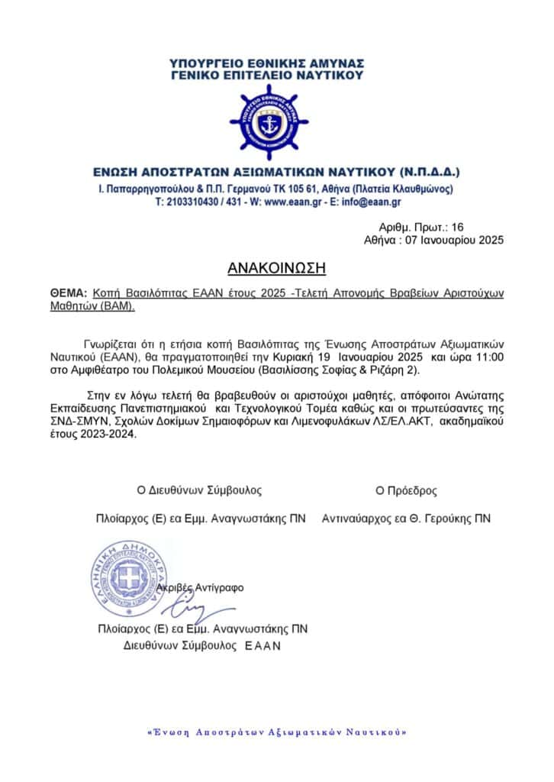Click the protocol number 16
point(457,227)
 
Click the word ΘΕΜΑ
point(67,293)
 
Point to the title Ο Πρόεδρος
point(406,490)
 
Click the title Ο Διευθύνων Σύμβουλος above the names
point(198,490)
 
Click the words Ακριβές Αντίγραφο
point(200,588)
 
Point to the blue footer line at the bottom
point(275,732)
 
